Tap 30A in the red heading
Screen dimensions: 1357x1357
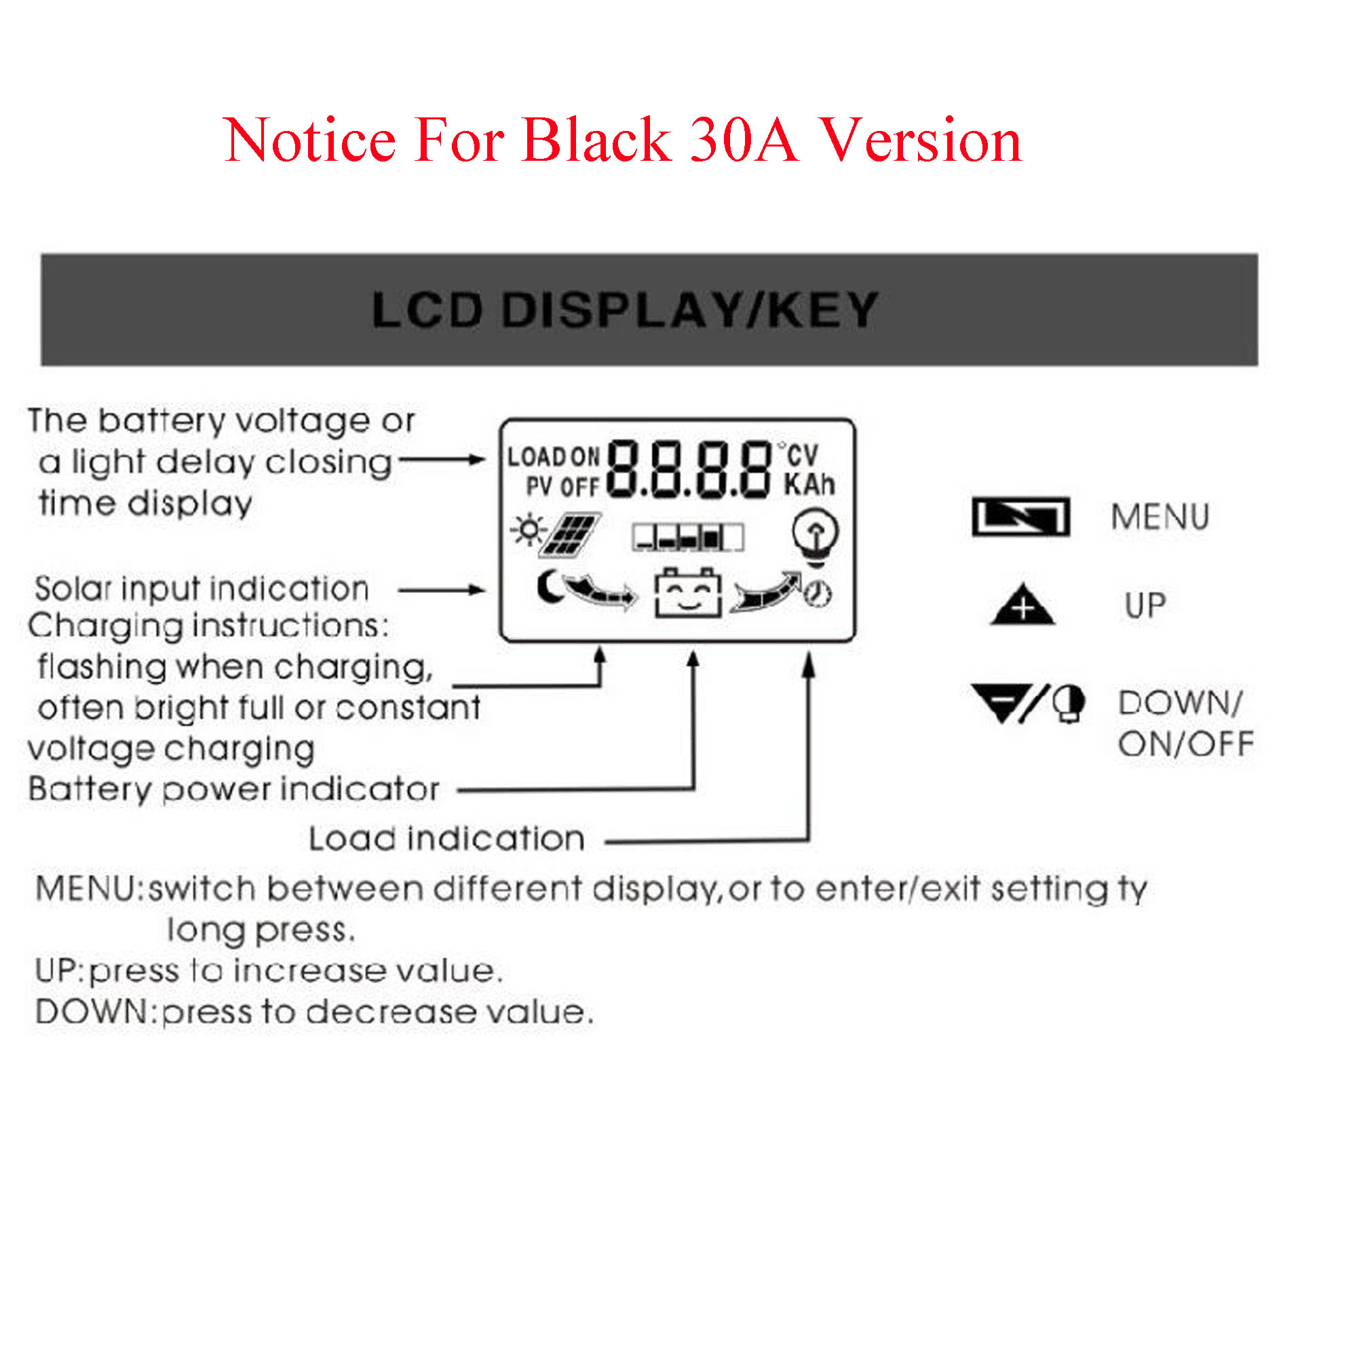[x=743, y=140]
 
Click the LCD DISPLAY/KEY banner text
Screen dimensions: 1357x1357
[x=624, y=310]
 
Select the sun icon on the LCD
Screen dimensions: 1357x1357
[x=527, y=531]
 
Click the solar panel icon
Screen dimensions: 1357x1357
[x=573, y=534]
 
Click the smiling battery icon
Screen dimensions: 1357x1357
[x=687, y=594]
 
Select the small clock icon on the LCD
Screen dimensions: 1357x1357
[x=818, y=594]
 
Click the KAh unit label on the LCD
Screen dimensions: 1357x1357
[x=809, y=484]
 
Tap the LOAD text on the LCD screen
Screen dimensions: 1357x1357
[x=537, y=457]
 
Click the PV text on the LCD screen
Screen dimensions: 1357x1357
[x=539, y=486]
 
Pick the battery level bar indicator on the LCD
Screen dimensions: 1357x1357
[x=687, y=538]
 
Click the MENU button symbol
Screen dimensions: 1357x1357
[x=1020, y=517]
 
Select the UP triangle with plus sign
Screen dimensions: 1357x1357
[x=1022, y=605]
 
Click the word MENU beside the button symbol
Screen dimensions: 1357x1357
[x=1160, y=517]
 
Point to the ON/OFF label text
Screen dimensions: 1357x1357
[x=1185, y=744]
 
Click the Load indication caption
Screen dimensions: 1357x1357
[x=446, y=839]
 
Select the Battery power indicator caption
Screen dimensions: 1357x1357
[x=234, y=789]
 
